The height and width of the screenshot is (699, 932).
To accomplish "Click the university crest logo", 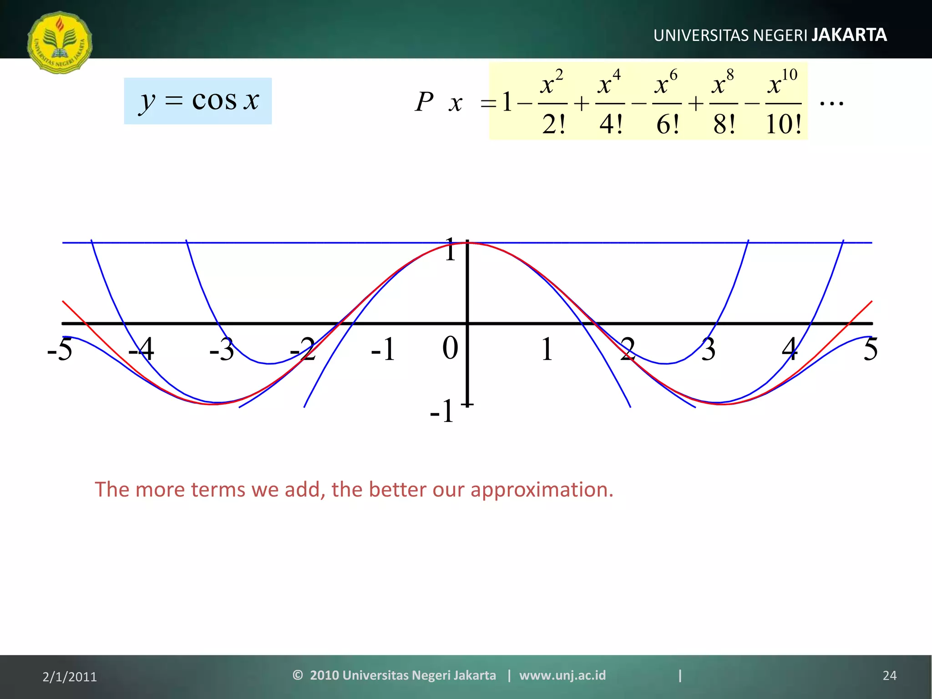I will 60,42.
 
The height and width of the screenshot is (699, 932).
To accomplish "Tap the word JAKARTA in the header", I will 849,35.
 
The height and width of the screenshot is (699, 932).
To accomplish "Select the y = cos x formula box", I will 198,101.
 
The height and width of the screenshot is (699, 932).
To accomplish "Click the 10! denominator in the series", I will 783,124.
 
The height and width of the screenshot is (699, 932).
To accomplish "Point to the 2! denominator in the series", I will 553,124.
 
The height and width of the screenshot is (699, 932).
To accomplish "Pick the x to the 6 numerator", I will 666,83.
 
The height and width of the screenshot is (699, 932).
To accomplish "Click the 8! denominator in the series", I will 724,124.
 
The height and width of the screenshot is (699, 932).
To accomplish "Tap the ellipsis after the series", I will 831,103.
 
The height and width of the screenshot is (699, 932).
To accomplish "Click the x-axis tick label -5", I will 60,349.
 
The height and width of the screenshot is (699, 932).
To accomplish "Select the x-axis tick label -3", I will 222,349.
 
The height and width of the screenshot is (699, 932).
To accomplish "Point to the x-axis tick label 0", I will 450,349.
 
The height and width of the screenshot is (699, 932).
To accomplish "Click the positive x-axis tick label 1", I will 547,349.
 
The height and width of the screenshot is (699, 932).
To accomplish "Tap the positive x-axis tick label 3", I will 708,349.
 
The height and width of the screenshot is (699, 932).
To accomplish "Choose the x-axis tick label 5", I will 870,349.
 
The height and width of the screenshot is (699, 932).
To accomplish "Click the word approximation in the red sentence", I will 542,490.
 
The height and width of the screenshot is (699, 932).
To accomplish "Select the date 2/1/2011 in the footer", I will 70,677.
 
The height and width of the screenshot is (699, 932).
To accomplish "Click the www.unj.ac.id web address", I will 562,675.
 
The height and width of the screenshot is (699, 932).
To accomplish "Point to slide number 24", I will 889,676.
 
